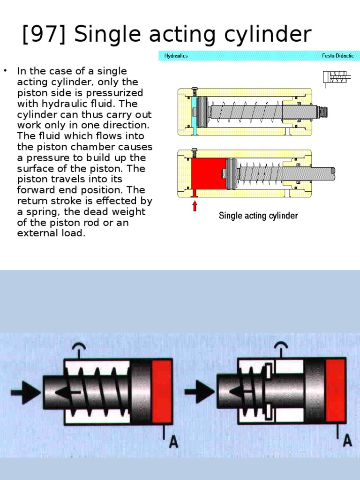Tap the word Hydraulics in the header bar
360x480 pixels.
(176, 56)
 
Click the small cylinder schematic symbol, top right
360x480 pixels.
(336, 77)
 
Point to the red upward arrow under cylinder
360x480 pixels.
(195, 206)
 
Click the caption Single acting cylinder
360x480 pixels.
(258, 216)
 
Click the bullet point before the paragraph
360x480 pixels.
(6, 71)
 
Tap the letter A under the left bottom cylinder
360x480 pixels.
(173, 441)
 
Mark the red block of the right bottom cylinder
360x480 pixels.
(336, 391)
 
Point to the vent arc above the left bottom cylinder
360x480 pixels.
(78, 347)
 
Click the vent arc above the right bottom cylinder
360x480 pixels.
(281, 346)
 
